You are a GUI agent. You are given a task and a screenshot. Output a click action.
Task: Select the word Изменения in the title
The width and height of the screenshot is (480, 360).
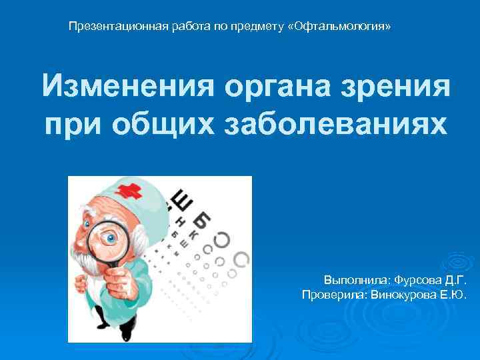point(126,87)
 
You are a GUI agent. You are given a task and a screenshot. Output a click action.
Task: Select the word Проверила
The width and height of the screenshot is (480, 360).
point(331,294)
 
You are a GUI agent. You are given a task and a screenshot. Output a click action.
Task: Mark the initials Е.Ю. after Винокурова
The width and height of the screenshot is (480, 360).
point(455,294)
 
